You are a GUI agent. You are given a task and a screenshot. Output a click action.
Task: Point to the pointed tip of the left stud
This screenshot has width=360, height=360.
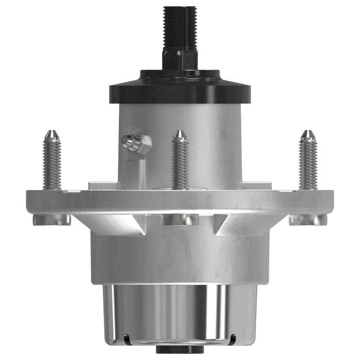51,135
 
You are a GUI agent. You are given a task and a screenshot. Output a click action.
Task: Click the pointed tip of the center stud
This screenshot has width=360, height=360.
179,135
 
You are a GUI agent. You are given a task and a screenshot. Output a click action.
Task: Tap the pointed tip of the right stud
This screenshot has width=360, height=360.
308,135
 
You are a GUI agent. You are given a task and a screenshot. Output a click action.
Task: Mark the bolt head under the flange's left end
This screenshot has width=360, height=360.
51,220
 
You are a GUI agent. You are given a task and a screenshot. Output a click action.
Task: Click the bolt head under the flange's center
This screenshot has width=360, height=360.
179,220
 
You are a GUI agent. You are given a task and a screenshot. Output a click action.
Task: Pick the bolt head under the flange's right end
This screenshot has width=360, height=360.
308,220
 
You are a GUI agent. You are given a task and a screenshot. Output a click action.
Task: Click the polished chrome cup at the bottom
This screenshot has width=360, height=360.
180,311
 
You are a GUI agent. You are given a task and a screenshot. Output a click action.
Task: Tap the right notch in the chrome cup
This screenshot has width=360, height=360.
234,338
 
